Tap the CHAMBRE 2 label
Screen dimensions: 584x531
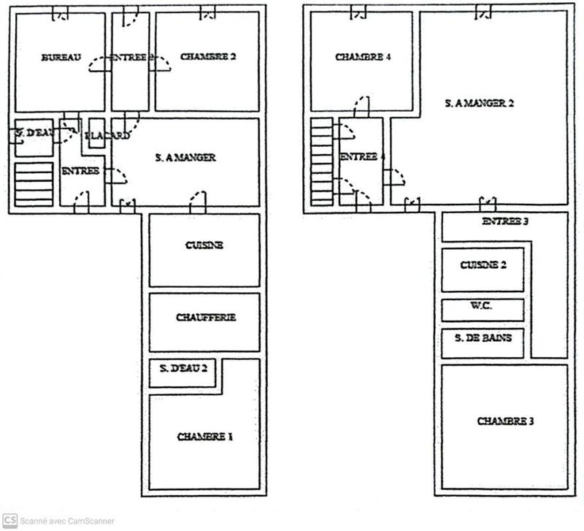(208, 57)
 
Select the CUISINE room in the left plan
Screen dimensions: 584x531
(204, 246)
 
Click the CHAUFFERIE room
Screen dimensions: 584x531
(205, 318)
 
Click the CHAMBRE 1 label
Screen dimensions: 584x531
(204, 437)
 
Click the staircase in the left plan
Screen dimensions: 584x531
(34, 185)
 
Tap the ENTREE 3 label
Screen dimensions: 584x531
(505, 221)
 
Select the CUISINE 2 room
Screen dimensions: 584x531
(483, 266)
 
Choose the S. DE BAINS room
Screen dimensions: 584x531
(483, 338)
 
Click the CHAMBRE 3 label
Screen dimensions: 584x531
(505, 421)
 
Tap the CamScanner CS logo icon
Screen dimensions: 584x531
(9, 521)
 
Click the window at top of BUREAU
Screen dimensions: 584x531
(61, 12)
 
